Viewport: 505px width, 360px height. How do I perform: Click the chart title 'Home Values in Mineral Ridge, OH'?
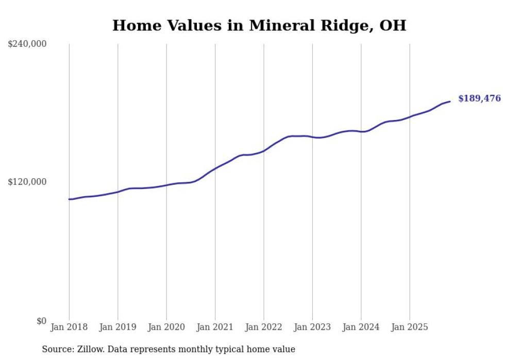click(259, 25)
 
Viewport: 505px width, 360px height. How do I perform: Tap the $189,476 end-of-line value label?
click(479, 98)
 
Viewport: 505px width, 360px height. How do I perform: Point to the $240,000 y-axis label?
click(27, 44)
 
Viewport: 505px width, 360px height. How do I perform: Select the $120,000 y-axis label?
click(27, 182)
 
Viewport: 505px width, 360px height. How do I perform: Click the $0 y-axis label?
click(41, 321)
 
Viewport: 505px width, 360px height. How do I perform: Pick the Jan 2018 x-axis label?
click(69, 327)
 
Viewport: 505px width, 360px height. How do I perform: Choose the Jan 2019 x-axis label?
click(117, 327)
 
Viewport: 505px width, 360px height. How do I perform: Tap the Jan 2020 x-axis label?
click(166, 327)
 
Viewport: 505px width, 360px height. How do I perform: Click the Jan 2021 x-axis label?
click(215, 327)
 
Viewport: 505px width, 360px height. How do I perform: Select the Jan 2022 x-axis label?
click(264, 327)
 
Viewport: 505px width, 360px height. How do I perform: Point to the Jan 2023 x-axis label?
click(312, 327)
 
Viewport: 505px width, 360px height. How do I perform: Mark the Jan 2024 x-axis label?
click(361, 327)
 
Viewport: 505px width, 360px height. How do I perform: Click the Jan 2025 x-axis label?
click(410, 327)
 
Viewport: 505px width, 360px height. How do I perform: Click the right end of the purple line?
click(450, 101)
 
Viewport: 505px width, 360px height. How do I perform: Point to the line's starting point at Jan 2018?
click(69, 199)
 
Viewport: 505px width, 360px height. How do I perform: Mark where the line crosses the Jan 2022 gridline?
click(264, 150)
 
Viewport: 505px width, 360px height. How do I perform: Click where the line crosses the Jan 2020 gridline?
click(166, 185)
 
